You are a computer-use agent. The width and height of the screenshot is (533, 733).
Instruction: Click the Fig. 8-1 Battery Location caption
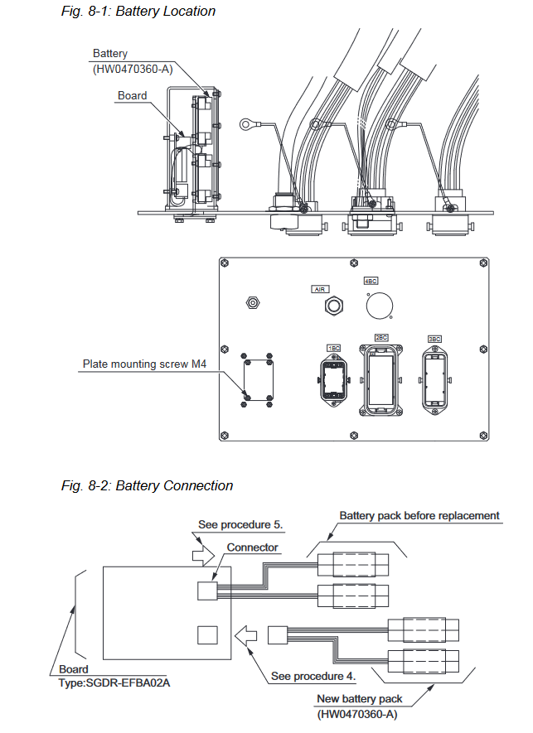(138, 12)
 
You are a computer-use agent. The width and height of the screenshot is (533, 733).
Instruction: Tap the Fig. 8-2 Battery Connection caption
(147, 485)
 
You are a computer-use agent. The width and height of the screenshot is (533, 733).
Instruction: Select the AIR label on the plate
(320, 289)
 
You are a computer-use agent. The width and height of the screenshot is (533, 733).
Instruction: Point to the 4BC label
(371, 281)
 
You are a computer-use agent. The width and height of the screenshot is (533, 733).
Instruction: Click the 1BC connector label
(334, 348)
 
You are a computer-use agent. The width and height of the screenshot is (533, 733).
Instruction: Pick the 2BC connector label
(381, 338)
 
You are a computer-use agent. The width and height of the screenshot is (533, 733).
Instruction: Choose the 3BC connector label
(434, 339)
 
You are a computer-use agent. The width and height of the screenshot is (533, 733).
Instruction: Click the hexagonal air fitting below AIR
(334, 306)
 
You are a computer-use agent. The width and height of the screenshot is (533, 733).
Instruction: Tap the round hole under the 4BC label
(380, 306)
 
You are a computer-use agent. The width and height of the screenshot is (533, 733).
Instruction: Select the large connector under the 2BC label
(381, 380)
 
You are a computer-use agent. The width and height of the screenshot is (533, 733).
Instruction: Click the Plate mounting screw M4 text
(144, 364)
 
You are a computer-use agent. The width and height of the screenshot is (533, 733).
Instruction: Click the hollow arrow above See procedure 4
(245, 636)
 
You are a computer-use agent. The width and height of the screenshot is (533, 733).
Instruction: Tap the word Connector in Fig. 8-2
(253, 547)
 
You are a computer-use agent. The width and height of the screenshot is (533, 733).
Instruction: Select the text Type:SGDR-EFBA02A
(114, 683)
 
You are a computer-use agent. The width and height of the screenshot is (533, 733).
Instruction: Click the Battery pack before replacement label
(419, 516)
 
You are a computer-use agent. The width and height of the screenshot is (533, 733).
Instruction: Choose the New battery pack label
(360, 699)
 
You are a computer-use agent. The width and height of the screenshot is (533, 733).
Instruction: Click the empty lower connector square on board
(207, 635)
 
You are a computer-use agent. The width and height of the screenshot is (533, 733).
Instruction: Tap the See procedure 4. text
(313, 677)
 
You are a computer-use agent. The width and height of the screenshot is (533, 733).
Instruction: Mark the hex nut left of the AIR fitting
(253, 303)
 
